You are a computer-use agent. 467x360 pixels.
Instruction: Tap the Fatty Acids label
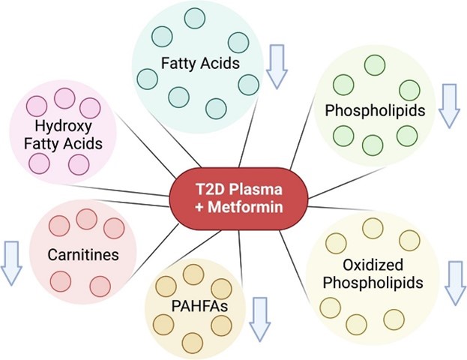pos(200,63)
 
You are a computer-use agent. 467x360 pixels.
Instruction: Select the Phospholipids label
pos(375,111)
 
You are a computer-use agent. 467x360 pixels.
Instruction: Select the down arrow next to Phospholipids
pos(450,105)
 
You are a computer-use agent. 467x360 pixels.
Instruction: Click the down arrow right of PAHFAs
pos(259,318)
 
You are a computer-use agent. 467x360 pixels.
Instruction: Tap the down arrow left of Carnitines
pos(11,262)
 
